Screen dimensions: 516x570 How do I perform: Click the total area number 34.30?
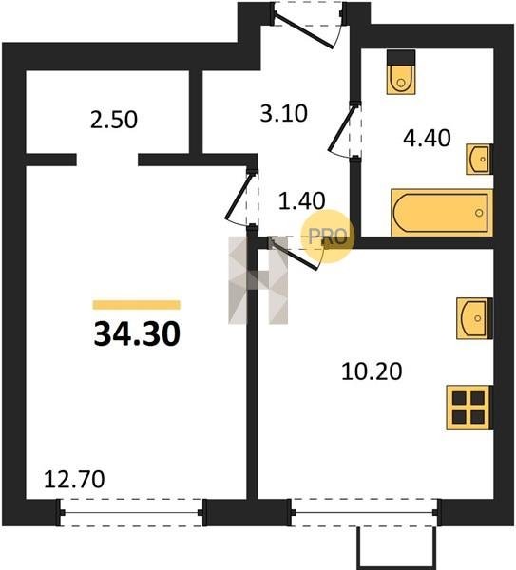coord(137,334)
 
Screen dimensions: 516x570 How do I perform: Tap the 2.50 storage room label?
coord(114,120)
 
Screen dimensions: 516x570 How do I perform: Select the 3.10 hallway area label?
coord(283,113)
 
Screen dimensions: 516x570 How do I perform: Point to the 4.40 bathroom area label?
coord(427,138)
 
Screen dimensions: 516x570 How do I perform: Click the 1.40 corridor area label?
coord(301,201)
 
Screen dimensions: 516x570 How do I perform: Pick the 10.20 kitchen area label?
coord(372,371)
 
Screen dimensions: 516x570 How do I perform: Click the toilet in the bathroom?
coord(401,72)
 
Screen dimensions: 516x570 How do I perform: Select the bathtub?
coord(442,213)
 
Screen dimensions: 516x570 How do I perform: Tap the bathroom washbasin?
coord(480,160)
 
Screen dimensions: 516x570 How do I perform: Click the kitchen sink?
coord(474,318)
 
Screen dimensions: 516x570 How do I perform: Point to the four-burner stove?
coord(469,408)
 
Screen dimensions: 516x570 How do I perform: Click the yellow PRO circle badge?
coord(327,237)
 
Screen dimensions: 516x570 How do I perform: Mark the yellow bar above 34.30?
coord(136,305)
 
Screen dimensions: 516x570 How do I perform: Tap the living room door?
coord(241,199)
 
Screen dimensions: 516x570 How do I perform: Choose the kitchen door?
coord(297,253)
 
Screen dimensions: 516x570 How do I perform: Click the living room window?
coord(131,513)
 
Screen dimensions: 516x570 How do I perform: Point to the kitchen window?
coord(367,513)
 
